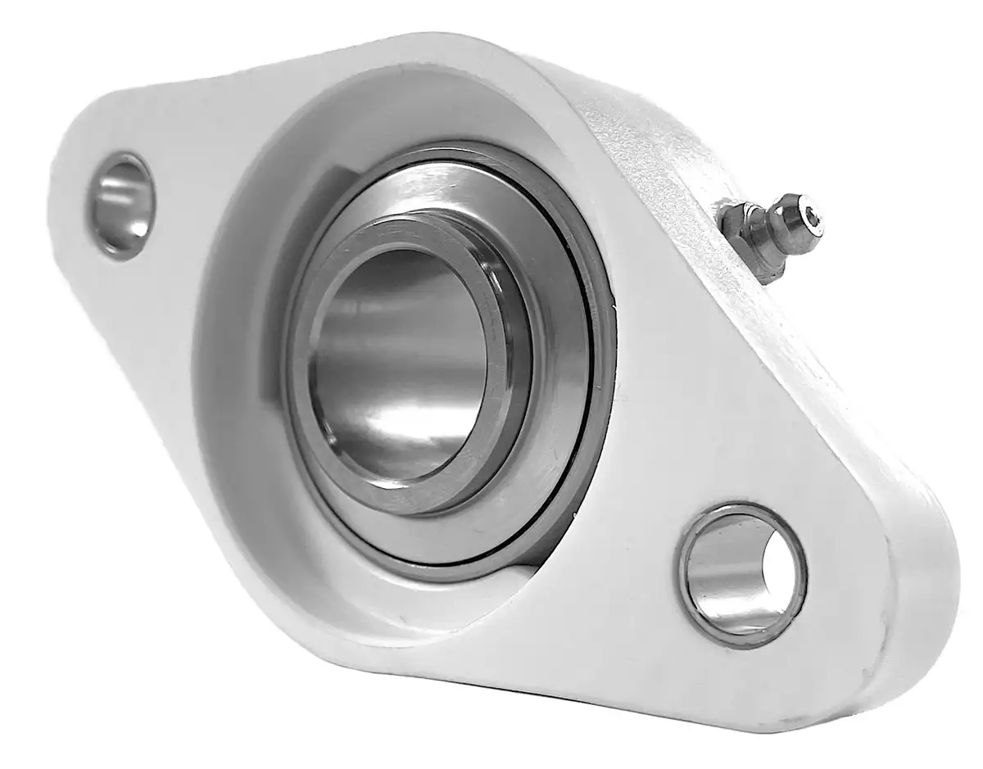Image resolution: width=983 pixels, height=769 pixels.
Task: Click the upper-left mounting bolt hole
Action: [121, 205]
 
